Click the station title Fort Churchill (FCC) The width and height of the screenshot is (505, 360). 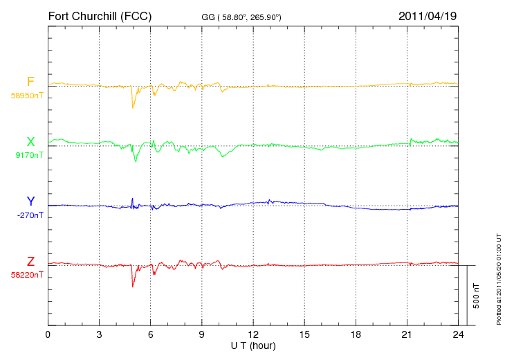pos(100,17)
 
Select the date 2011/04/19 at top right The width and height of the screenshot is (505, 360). pos(428,16)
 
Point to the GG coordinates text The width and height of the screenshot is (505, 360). pos(241,17)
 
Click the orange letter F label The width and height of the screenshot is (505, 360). pos(30,82)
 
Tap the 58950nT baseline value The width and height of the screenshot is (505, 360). pos(27,96)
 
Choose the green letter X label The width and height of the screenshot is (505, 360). pos(30,141)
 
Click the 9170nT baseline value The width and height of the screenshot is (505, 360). pos(29,155)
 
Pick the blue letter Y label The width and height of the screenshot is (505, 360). pos(30,201)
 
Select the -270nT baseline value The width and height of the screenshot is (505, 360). pos(30,215)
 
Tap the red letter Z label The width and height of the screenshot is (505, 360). pos(30,261)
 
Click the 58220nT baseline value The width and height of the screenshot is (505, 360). pos(27,275)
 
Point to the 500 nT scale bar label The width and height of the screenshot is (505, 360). pos(476,296)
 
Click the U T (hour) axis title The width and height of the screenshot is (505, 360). pos(253,346)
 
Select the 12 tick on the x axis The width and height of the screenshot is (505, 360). pos(253,334)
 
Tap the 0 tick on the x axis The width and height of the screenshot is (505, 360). pos(48,334)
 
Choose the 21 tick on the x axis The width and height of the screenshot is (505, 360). pos(407,334)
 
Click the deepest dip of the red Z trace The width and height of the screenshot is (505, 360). pos(132,287)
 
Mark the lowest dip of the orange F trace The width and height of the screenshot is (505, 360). pos(132,107)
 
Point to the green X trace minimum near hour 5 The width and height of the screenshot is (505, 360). pos(136,161)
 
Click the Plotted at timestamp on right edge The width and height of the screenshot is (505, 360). pos(499,279)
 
